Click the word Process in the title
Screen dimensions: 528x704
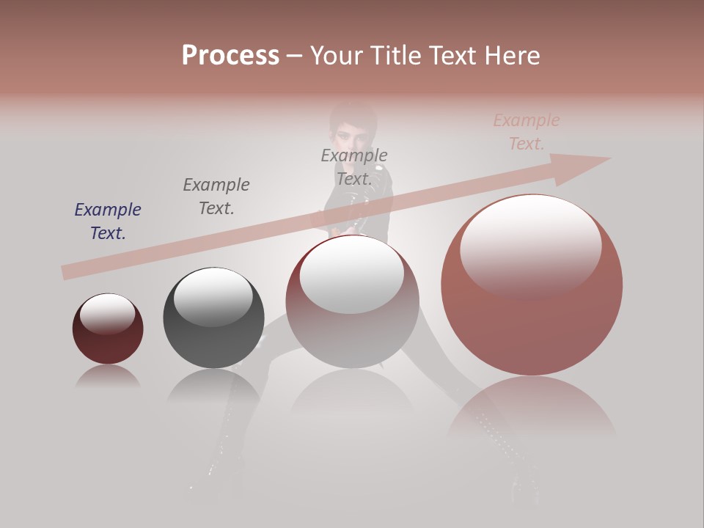click(230, 56)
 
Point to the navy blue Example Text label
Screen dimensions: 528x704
click(108, 221)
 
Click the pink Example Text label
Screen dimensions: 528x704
click(527, 132)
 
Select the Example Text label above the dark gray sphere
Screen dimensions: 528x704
click(216, 197)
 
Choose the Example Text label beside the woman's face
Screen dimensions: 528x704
click(354, 167)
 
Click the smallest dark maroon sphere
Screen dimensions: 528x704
click(108, 329)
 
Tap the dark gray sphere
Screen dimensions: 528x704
click(213, 318)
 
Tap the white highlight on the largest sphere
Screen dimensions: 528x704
click(530, 242)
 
